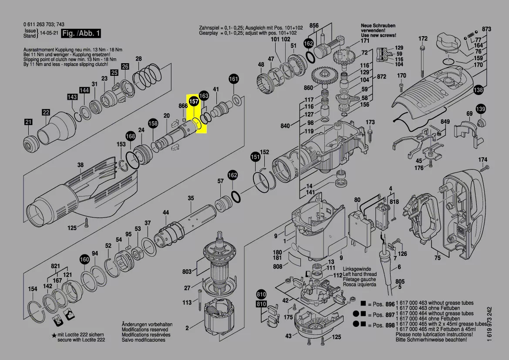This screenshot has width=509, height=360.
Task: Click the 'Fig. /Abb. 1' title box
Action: (x=81, y=34)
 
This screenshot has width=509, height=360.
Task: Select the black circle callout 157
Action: (x=194, y=101)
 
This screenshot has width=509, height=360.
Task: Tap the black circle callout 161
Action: (x=234, y=79)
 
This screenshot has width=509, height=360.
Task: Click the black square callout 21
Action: (x=28, y=123)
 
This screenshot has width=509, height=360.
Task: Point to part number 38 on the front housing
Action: (x=80, y=165)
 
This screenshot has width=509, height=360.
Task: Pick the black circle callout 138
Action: (x=479, y=90)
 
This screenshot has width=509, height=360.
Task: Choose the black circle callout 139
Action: (x=480, y=109)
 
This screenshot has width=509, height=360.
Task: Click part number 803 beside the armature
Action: (x=187, y=272)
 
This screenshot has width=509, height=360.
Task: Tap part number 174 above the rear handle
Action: (x=483, y=159)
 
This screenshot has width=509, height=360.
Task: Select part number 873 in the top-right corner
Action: (x=487, y=29)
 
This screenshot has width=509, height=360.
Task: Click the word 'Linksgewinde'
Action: (x=358, y=269)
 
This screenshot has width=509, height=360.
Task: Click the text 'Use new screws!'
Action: (x=378, y=35)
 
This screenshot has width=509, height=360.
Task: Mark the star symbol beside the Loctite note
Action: (x=54, y=335)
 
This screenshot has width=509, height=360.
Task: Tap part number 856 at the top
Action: (x=314, y=25)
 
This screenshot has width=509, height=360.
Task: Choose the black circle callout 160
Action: (x=84, y=260)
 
